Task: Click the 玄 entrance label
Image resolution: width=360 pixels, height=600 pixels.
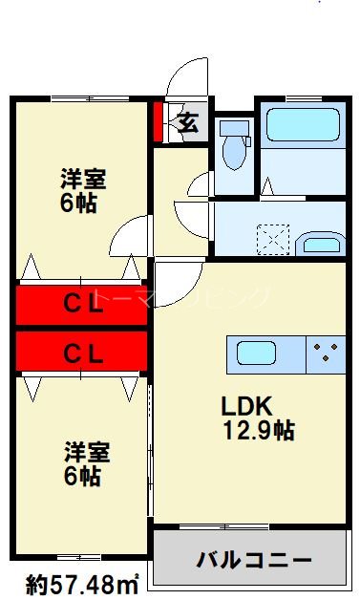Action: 189,122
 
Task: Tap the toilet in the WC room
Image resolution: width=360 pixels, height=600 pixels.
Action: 230,144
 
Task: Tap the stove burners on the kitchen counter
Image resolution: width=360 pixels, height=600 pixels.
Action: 328,354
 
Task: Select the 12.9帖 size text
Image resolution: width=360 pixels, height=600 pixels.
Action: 257,431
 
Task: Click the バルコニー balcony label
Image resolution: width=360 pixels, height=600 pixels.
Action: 255,558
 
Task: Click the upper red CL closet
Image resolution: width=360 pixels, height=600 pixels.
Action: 83,305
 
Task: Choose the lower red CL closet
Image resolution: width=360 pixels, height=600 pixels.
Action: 83,353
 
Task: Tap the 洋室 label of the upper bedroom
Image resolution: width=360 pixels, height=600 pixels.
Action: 83,179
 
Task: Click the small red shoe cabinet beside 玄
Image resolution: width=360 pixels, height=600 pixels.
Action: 159,120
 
